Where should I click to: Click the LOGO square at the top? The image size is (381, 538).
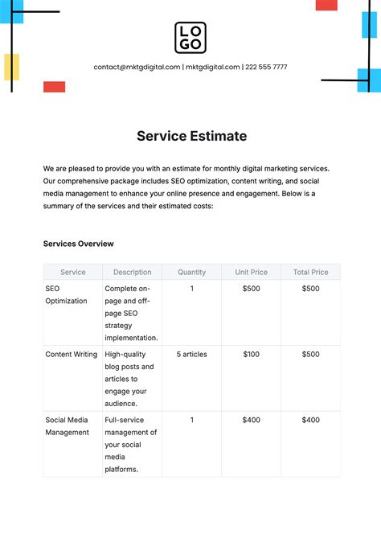coord(190,37)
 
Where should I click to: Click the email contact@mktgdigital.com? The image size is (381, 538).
coord(137,68)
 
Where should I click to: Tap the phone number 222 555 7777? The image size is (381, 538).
coord(266,68)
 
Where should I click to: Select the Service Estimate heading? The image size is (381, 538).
coord(191,136)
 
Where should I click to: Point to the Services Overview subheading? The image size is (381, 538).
coord(78,244)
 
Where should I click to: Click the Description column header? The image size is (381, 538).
coord(132,273)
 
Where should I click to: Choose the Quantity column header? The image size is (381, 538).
coord(191,273)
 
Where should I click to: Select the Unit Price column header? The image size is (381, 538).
coord(251,273)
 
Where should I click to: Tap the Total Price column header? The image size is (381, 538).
coord(310,273)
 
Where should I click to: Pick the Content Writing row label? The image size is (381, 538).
coord(71,354)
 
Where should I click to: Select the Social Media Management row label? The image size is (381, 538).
coord(67,425)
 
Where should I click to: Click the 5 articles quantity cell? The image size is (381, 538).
coord(191,354)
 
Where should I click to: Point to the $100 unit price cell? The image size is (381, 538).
coord(251,354)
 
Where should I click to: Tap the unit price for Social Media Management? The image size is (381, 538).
coord(251,420)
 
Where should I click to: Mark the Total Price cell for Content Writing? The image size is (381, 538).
coord(310,354)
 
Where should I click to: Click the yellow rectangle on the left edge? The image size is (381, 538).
coord(11,67)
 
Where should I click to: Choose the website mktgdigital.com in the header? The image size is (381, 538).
coord(213,68)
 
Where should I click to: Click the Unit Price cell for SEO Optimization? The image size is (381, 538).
coord(251,289)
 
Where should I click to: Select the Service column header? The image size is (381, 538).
coord(72,273)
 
